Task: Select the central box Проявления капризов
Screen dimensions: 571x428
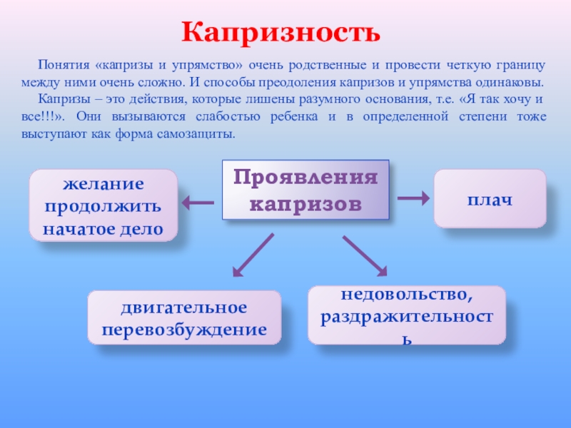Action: point(306,190)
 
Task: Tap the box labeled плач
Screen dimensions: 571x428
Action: point(490,198)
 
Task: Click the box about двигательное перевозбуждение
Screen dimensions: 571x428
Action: point(184,318)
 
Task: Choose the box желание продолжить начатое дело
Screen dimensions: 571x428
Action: point(103,205)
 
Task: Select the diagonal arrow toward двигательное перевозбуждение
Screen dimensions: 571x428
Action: point(253,255)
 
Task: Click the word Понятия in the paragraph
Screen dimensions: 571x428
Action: point(62,65)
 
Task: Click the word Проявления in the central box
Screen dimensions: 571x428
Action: point(306,177)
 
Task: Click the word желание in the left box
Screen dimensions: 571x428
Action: point(103,184)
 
